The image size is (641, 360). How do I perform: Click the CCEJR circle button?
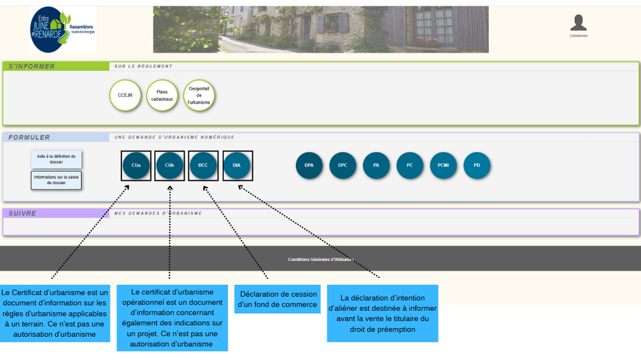125,95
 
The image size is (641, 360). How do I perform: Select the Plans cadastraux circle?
162,95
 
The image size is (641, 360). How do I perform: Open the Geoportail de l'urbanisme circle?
198,95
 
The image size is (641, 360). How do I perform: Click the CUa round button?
136,166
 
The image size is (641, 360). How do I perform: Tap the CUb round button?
170,166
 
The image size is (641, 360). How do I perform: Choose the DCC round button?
203,166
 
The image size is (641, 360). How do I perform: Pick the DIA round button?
237,166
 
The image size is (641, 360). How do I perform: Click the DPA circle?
309,166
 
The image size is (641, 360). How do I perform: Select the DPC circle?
342,166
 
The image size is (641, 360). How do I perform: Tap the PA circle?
376,166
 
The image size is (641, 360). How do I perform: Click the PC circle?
410,166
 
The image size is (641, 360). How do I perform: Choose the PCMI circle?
443,166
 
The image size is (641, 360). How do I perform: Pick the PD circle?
477,166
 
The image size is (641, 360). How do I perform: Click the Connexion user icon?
578,24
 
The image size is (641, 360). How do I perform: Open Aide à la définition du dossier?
56,160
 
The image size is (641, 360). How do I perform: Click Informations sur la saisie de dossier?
56,180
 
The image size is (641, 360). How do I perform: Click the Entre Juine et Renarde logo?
63,30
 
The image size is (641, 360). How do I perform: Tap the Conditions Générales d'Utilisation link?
320,260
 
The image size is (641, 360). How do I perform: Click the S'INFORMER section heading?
32,66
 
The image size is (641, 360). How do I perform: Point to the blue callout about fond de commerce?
278,299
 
